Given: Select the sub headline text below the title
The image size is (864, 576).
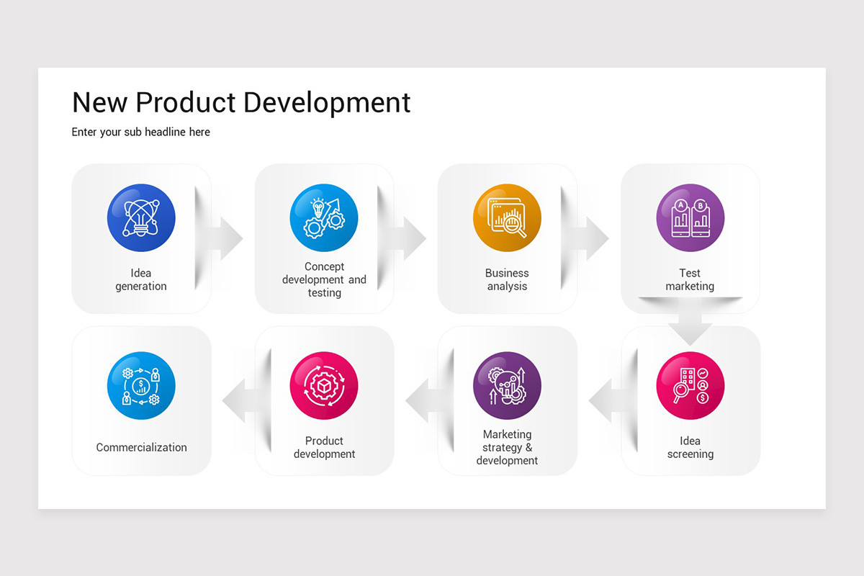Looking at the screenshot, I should click(141, 132).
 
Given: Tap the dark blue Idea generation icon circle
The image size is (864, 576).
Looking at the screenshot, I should click(141, 218).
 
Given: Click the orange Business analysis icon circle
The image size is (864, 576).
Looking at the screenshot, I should click(507, 218).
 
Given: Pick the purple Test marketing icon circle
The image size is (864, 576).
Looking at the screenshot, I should click(690, 218).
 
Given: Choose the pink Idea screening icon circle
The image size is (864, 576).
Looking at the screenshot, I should click(690, 386).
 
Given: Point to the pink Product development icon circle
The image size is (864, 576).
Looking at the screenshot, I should click(324, 386).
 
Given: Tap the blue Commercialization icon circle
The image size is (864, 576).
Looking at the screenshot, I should click(141, 386).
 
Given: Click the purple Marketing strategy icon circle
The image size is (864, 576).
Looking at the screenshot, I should click(507, 386).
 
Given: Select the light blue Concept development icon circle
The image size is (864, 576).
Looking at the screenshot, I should click(324, 218).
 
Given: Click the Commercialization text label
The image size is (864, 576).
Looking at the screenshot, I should click(141, 447).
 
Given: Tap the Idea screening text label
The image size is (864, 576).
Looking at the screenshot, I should click(690, 447).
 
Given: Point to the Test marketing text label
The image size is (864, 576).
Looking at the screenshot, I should click(690, 279).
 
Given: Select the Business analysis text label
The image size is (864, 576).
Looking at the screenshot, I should click(507, 279).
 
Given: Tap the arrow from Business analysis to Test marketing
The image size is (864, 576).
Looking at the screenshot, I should click(591, 238).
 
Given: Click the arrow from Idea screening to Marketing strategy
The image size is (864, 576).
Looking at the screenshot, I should click(606, 400).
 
